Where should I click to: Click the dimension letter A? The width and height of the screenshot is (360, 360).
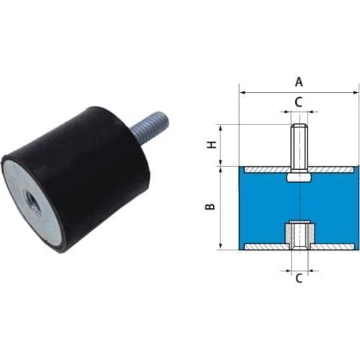[x=299, y=81]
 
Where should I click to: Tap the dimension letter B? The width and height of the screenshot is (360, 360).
[x=210, y=207]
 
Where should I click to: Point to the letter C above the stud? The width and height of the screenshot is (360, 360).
[x=299, y=102]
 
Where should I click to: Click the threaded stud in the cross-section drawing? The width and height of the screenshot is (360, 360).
[x=299, y=148]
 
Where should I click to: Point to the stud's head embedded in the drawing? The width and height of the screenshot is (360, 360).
[x=299, y=176]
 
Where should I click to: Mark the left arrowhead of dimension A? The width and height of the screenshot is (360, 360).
[x=242, y=92]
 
